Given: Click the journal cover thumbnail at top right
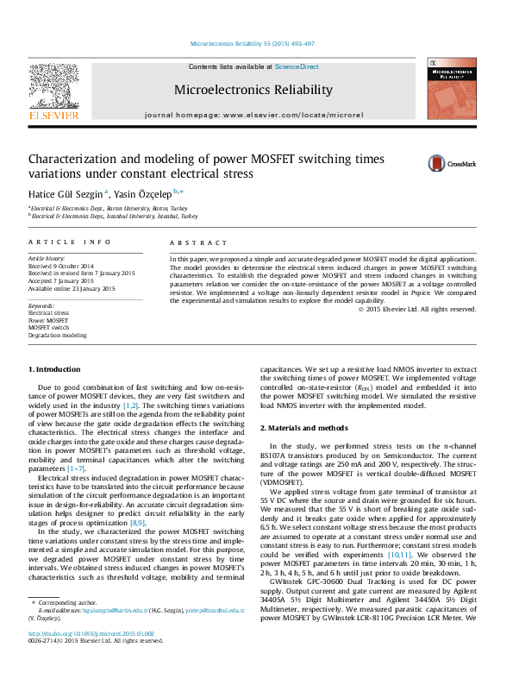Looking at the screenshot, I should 451,89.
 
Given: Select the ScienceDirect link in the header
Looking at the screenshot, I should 297,66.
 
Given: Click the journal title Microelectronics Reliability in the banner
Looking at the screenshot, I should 253,90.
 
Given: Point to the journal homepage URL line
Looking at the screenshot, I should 253,115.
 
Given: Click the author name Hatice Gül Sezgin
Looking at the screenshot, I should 66,193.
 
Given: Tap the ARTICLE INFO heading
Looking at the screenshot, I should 70,243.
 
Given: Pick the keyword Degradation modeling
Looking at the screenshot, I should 57,335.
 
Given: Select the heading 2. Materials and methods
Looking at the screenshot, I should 304,428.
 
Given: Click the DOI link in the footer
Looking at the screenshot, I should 83,657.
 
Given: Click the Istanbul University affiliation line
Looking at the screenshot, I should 114,217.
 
